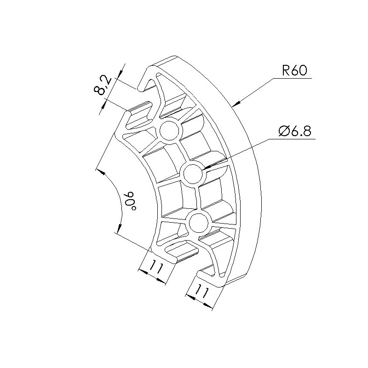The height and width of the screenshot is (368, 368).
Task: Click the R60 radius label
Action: pos(294,70)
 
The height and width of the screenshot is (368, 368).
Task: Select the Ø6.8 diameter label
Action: pos(295,131)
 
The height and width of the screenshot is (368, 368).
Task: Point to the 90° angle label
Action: pos(130,201)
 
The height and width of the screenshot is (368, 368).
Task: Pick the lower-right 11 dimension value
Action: pos(202,291)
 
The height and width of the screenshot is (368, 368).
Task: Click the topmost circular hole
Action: pos(169,131)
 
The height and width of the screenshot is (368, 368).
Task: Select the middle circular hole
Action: pos(193,174)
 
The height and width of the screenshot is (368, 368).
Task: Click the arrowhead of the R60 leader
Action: pos(236,103)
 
